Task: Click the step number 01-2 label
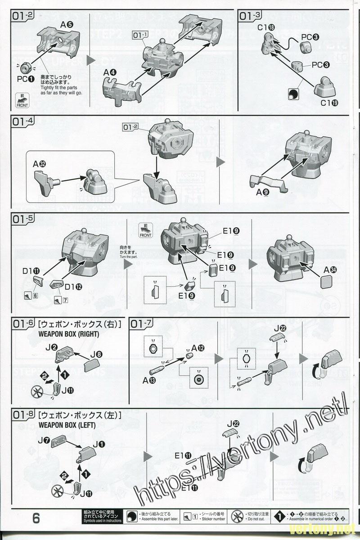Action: click(23, 16)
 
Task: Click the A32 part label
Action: click(38, 165)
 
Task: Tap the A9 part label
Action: click(262, 192)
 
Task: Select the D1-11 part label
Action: click(31, 271)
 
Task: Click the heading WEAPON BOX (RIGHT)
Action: click(68, 334)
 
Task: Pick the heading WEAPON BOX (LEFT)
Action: click(67, 425)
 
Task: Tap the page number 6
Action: click(36, 518)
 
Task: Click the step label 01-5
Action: click(23, 219)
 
